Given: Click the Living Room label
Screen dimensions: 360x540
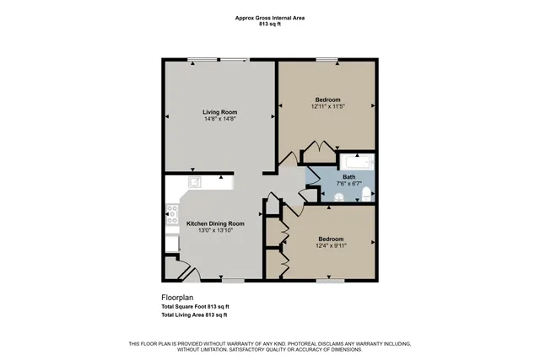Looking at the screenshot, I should point(219,111).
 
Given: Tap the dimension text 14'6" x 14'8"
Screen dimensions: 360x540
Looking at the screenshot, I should point(219,119).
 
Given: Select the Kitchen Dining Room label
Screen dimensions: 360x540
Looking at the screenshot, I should point(209,223).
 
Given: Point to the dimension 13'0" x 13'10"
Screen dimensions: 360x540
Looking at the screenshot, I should point(209,230).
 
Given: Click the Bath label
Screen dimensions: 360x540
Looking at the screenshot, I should point(348,177).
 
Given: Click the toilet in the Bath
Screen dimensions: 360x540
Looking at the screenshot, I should point(365,196).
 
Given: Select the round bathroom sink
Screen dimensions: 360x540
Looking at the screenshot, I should point(339,197).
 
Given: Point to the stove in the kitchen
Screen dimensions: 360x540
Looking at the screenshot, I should point(171,212).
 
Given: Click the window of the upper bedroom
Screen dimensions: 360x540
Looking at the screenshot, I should point(327,59).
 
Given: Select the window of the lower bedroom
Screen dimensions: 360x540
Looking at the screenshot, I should point(328,280).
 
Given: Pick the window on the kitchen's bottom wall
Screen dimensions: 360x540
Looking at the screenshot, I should point(233,280).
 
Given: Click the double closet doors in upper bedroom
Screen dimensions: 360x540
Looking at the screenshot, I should point(312,153).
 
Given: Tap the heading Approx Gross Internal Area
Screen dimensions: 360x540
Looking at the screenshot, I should point(269,16).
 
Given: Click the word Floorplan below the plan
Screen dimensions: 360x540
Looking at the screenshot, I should point(178,298).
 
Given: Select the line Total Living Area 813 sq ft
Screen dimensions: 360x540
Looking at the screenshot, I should point(194,314).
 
